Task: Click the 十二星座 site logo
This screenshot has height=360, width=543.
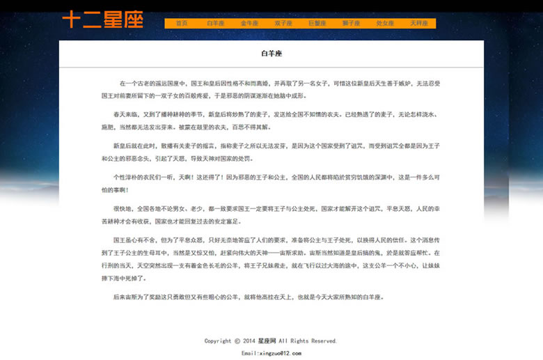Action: pos(103,19)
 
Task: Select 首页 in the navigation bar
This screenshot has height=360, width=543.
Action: pos(182,24)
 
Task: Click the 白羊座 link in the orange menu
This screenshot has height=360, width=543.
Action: pos(215,24)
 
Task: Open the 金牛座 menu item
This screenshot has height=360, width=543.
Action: pos(249,24)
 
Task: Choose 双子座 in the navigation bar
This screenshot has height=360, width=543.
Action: pos(283,24)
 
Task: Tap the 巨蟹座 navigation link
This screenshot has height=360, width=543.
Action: pos(317,24)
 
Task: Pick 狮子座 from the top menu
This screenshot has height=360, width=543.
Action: pos(352,24)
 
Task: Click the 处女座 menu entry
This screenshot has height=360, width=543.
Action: pos(385,24)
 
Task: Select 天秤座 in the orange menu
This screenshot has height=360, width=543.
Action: pos(418,24)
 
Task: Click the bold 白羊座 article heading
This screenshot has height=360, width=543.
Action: pos(271,54)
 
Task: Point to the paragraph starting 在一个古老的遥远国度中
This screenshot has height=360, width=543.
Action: pos(271,89)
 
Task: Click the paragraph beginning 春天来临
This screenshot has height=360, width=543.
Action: pos(271,120)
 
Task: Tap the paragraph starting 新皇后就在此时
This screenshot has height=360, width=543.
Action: pos(271,152)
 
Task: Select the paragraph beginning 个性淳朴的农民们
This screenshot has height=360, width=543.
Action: pos(271,183)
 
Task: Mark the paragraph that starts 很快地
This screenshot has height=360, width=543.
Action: pos(271,214)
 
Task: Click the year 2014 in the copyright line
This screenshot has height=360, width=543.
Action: pos(249,341)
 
